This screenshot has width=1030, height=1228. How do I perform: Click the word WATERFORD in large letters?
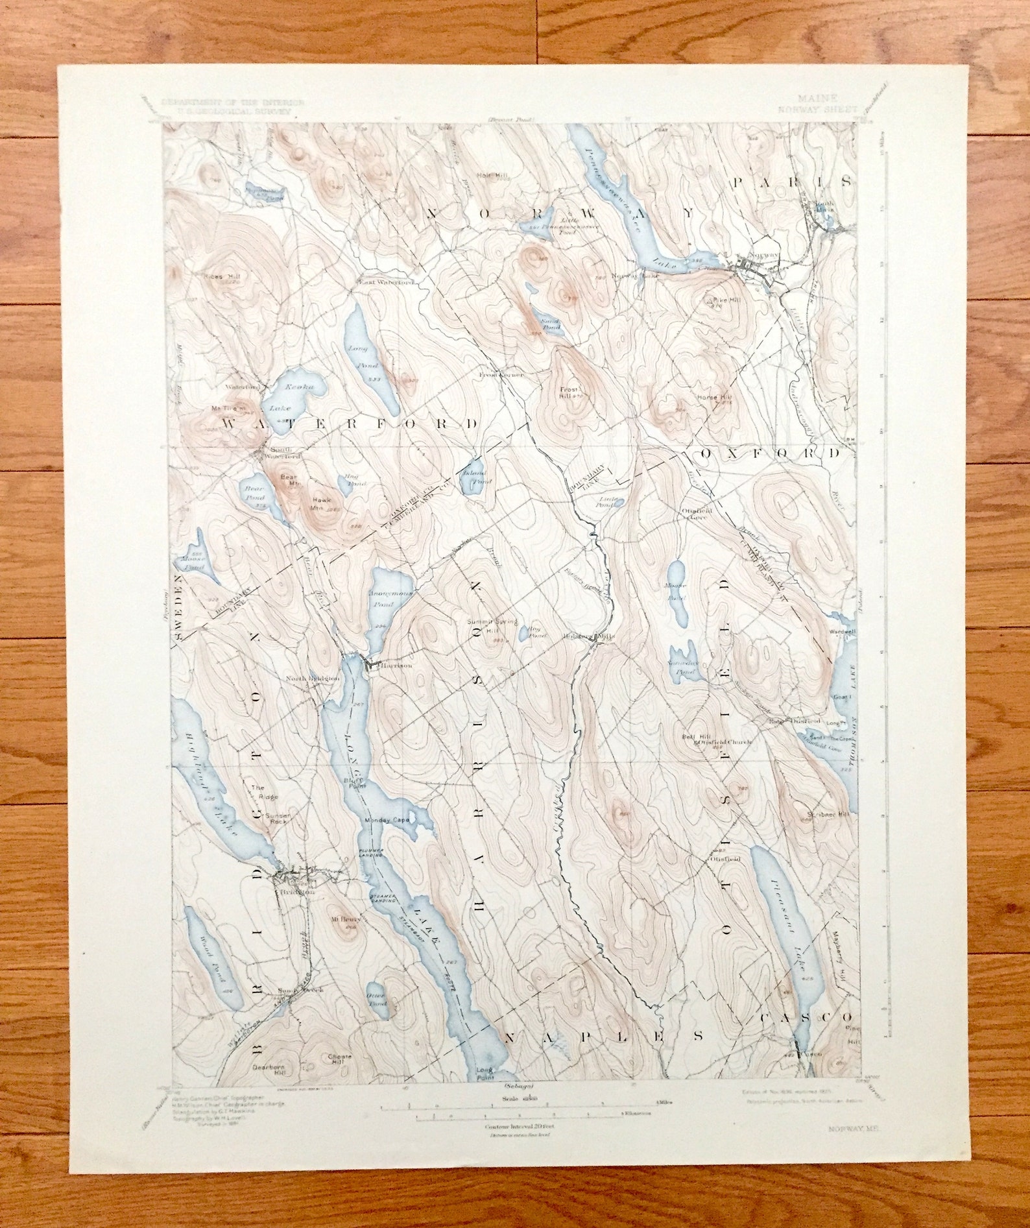click(350, 424)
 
